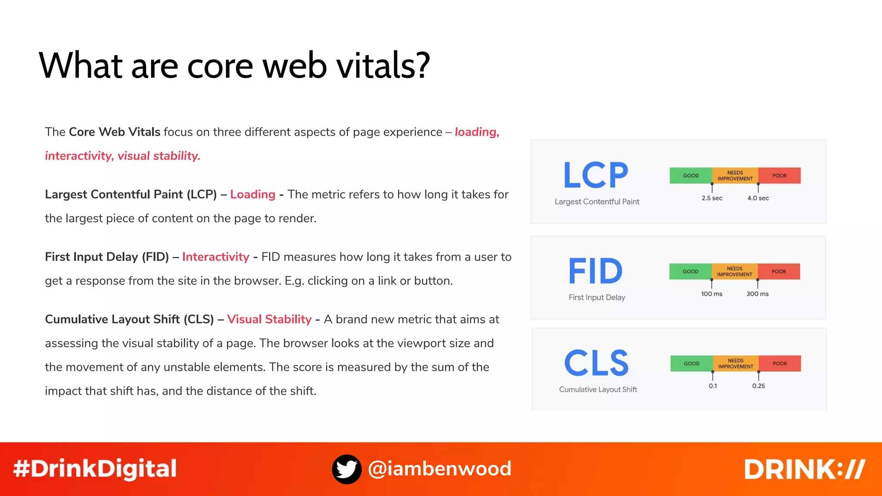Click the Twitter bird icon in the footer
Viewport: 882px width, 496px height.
click(347, 469)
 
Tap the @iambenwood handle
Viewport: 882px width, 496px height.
click(440, 469)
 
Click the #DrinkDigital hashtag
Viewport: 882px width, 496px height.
click(95, 469)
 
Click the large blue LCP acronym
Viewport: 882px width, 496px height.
click(596, 175)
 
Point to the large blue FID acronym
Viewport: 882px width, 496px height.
click(596, 271)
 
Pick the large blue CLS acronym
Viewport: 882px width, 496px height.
click(596, 363)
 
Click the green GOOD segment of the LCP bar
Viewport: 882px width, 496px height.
click(691, 176)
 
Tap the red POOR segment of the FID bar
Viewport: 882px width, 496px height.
click(779, 272)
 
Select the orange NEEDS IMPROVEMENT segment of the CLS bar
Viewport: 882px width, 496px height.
click(736, 364)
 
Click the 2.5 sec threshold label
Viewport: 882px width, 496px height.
click(712, 198)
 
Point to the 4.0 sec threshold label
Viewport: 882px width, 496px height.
click(758, 198)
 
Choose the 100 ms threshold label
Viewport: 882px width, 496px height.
click(711, 294)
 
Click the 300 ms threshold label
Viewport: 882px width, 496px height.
click(758, 294)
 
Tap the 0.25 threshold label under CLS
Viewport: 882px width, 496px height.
click(758, 386)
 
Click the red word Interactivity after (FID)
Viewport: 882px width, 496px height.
click(215, 257)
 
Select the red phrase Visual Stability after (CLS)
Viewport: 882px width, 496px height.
click(269, 319)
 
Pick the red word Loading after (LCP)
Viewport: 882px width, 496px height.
click(252, 195)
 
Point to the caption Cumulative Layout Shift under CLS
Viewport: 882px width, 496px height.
click(598, 390)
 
